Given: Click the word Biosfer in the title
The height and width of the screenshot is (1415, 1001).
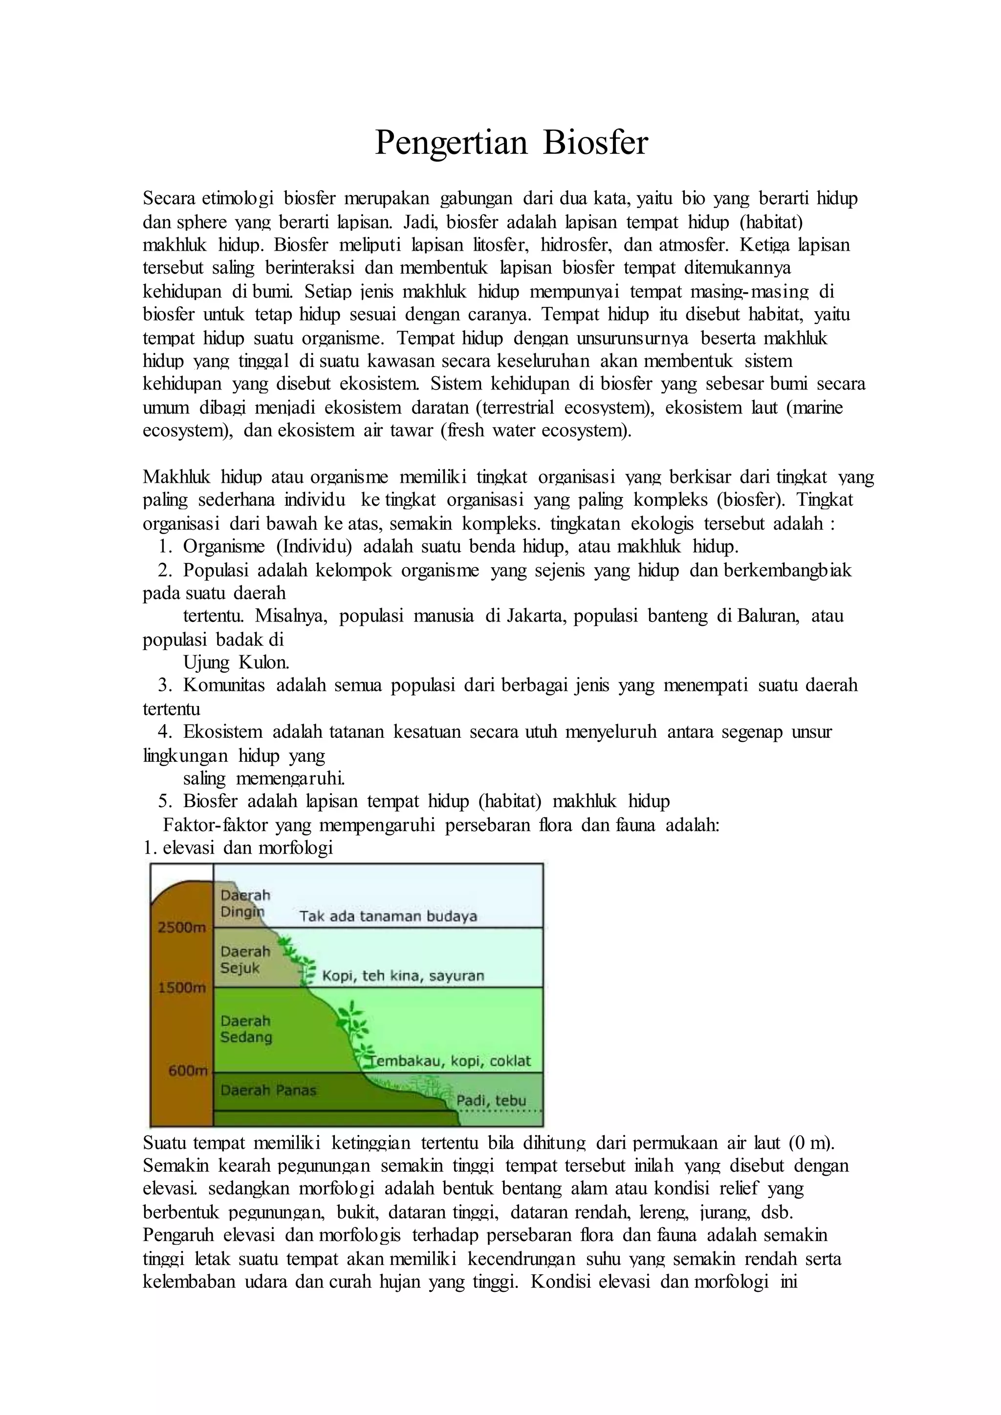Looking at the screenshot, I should point(595,143).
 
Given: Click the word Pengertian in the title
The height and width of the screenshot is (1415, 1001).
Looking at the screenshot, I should point(452,143).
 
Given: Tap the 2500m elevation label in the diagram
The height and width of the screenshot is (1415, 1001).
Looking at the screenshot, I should point(182,927).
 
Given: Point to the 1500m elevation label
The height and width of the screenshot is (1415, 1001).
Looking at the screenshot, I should point(182,988).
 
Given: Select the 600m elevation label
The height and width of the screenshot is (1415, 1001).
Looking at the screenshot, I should point(187,1071).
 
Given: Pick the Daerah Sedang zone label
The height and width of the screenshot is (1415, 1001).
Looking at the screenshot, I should point(246,1029).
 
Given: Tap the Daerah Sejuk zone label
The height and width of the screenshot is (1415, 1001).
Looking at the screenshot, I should point(245,960).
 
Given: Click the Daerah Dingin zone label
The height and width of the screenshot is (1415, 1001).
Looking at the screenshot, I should point(245,903).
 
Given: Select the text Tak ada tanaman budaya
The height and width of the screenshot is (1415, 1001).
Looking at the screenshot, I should point(388,917).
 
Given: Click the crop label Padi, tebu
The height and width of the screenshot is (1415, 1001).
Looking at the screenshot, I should point(491,1101).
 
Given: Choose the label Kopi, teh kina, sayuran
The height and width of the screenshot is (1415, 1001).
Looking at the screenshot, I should point(403,976).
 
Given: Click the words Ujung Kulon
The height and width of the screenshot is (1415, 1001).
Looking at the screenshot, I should point(236,663).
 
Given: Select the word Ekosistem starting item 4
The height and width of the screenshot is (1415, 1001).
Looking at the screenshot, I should point(222,732).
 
